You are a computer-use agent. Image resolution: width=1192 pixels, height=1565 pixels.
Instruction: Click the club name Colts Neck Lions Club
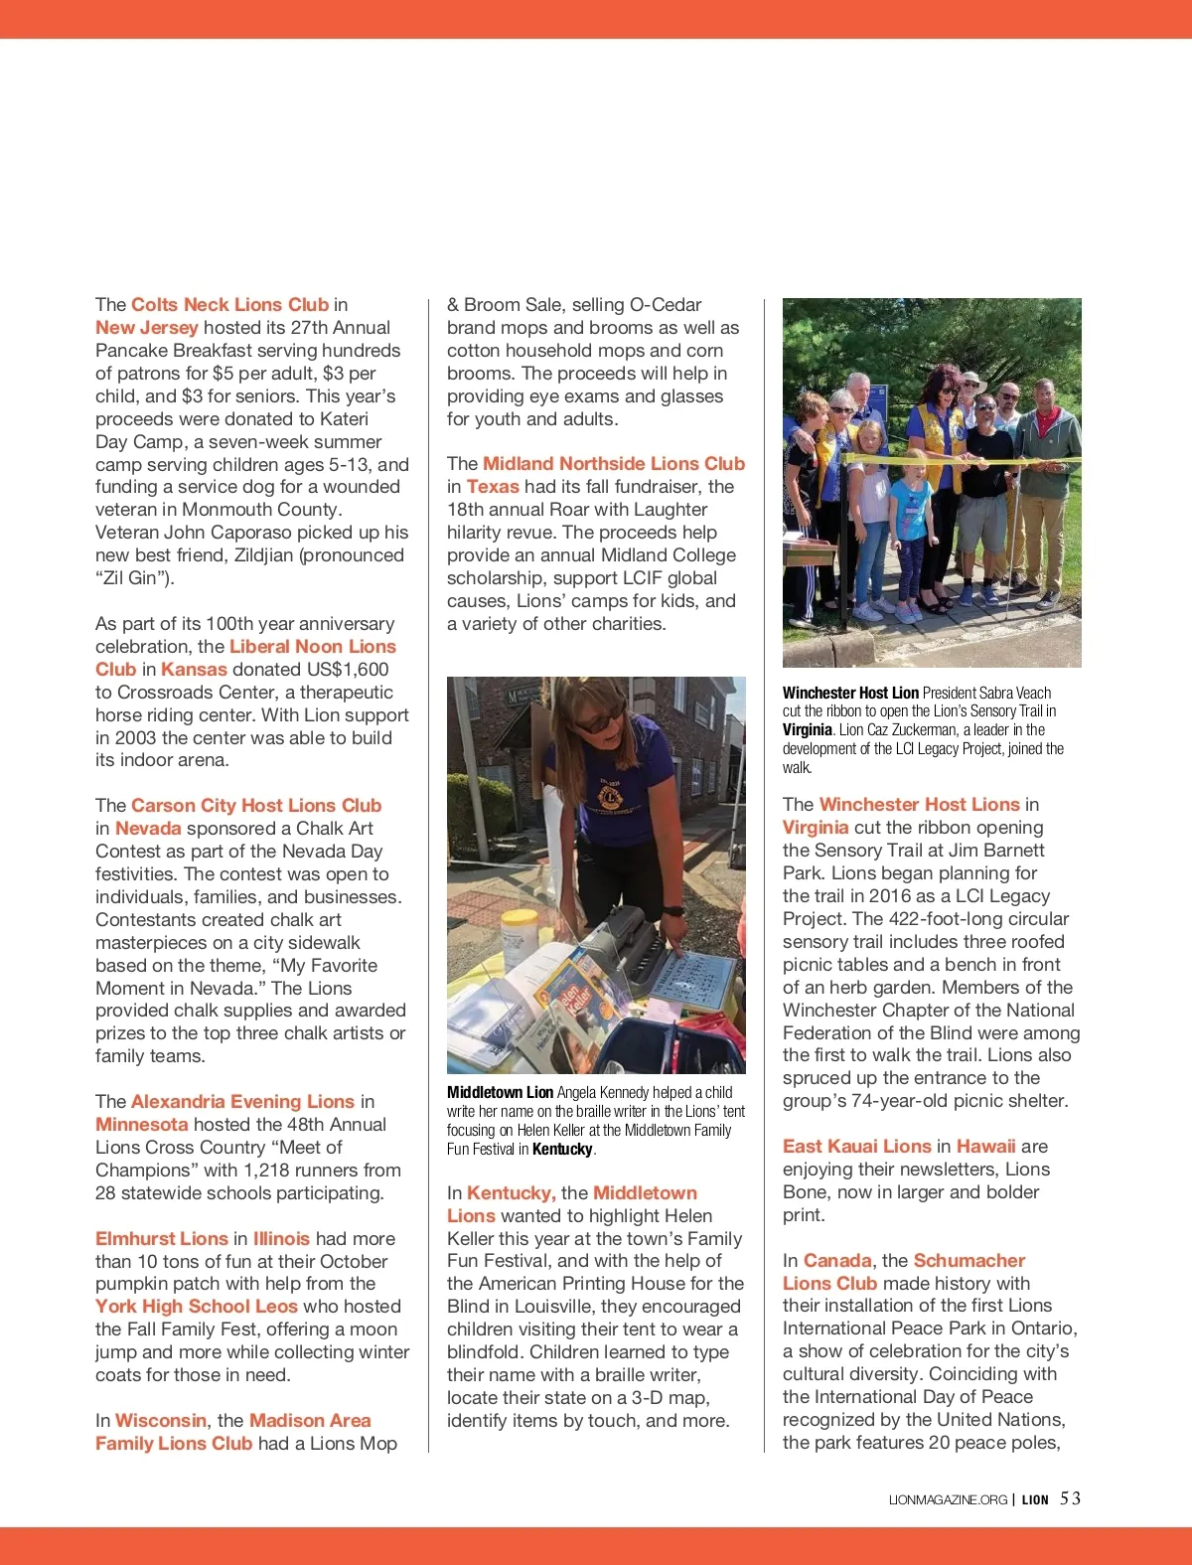coord(229,305)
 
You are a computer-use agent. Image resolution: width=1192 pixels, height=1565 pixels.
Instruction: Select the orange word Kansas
coord(194,670)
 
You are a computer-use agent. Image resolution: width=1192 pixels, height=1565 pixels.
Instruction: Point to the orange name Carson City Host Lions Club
coord(256,806)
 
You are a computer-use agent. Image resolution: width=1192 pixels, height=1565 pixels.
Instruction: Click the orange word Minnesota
coord(141,1125)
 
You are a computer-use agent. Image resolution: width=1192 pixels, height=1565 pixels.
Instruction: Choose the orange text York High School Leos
coord(197,1307)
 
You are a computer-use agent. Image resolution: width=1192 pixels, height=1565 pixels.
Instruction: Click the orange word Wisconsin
coord(161,1421)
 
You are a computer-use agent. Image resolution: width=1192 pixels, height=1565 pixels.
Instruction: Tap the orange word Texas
coord(493,487)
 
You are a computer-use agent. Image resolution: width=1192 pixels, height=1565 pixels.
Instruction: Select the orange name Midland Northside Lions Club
coord(614,464)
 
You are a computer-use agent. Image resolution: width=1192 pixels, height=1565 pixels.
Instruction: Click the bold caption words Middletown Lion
coord(500,1093)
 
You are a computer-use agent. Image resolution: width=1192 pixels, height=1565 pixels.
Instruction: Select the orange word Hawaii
coord(985,1147)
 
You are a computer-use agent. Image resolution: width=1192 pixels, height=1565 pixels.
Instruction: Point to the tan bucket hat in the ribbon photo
coord(970,380)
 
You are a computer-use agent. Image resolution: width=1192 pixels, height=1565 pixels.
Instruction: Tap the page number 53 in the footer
coord(1070,1498)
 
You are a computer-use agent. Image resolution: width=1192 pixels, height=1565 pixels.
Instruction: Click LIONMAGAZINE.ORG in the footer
coord(948,1499)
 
